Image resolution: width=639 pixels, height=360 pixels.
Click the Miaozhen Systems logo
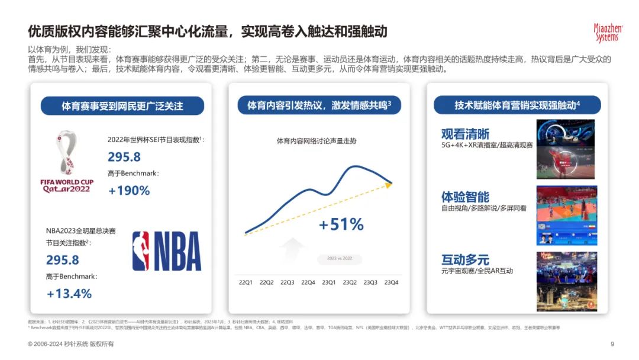click(606, 33)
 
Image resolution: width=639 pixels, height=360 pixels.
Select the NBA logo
click(167, 250)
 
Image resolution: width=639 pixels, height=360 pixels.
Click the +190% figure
click(129, 191)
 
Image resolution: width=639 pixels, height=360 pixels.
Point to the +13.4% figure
click(70, 294)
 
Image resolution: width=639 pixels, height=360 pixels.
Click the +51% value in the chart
click(341, 224)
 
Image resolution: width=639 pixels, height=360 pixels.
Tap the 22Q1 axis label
click(245, 282)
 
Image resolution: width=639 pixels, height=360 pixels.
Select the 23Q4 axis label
click(391, 282)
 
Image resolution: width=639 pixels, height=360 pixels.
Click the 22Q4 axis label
click(308, 282)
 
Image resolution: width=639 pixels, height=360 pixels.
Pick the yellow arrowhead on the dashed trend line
click(389, 185)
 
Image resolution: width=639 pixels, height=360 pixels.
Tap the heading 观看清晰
click(465, 134)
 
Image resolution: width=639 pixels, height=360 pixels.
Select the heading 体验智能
click(465, 197)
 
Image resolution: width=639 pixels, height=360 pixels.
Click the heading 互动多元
click(465, 259)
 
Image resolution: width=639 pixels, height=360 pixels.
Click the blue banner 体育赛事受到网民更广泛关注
click(122, 107)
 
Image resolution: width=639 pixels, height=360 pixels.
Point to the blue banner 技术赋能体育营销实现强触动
click(517, 105)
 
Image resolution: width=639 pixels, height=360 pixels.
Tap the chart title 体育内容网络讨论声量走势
click(317, 141)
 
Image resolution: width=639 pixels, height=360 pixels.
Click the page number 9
click(612, 344)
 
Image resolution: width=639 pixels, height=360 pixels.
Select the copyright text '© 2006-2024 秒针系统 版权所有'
click(71, 344)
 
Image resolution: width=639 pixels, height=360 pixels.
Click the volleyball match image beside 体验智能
click(566, 216)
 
